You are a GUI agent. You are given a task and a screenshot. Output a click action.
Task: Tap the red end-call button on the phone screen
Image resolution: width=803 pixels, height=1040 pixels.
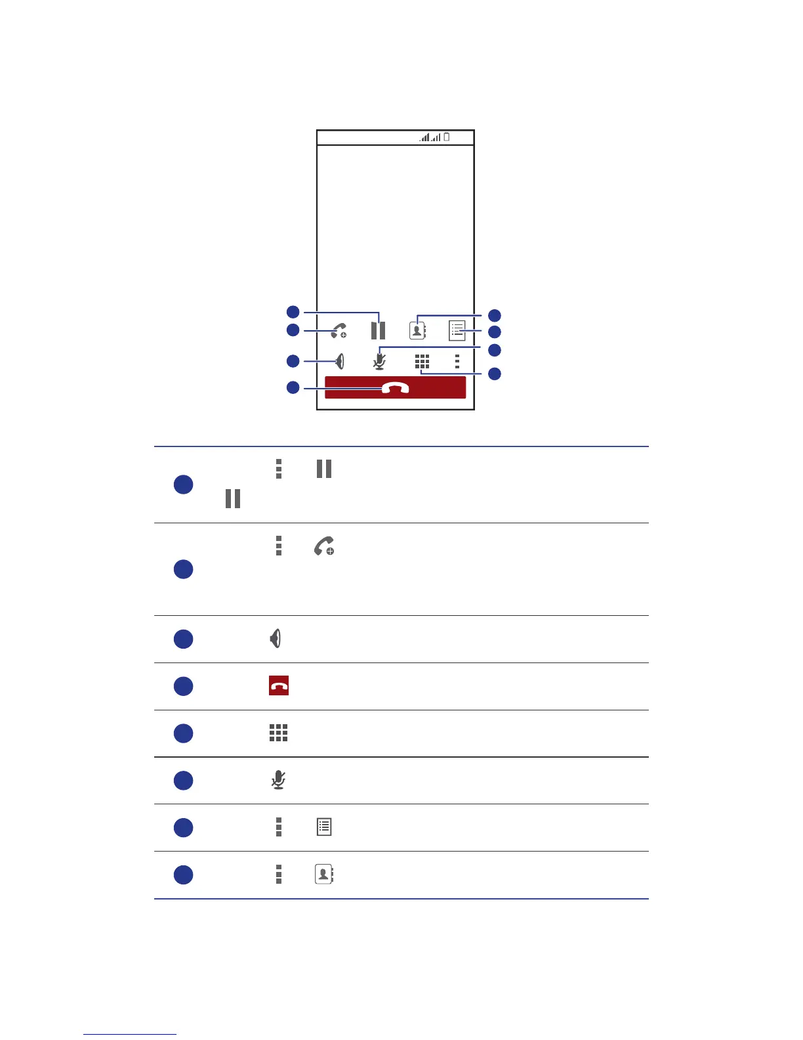click(395, 387)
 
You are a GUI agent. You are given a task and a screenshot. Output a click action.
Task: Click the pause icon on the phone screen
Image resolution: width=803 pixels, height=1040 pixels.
click(378, 330)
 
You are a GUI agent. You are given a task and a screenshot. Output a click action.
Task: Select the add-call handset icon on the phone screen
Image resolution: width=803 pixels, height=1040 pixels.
click(339, 330)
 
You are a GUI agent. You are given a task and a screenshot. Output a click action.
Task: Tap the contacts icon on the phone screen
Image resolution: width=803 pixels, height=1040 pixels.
click(417, 330)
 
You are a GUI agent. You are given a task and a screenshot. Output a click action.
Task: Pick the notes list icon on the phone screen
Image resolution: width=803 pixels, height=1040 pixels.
click(457, 330)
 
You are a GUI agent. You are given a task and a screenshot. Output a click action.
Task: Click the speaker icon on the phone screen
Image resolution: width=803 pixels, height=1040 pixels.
click(340, 361)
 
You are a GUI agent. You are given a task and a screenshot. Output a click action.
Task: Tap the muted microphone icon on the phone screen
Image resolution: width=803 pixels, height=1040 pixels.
click(379, 361)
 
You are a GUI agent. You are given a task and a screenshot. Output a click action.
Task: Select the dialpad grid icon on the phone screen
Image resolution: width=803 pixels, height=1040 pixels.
click(422, 362)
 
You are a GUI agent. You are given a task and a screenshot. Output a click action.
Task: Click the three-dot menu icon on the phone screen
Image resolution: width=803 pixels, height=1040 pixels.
click(457, 362)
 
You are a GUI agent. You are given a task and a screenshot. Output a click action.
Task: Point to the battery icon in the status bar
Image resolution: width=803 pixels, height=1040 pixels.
click(447, 137)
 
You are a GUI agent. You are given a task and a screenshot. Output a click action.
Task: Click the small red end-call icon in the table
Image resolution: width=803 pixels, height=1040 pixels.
click(279, 685)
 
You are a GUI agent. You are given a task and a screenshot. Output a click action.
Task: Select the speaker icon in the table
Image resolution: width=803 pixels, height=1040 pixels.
click(276, 638)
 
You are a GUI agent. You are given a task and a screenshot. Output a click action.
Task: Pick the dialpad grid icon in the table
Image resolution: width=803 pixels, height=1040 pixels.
click(278, 733)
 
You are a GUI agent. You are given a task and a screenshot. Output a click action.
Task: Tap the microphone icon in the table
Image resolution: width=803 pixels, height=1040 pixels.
click(278, 780)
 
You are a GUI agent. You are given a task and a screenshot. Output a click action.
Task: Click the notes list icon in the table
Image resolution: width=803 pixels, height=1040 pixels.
click(324, 827)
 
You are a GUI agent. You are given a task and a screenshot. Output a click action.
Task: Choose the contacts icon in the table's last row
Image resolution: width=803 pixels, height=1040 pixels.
click(323, 874)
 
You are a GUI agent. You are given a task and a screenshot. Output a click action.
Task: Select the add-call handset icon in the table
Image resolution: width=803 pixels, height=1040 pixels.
click(324, 546)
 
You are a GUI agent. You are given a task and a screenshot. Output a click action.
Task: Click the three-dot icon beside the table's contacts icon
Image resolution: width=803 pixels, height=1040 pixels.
click(279, 874)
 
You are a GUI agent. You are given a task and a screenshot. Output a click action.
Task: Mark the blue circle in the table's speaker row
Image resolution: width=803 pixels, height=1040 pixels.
click(183, 639)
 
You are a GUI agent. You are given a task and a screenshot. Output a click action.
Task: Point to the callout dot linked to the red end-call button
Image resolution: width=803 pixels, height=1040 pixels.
click(293, 387)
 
